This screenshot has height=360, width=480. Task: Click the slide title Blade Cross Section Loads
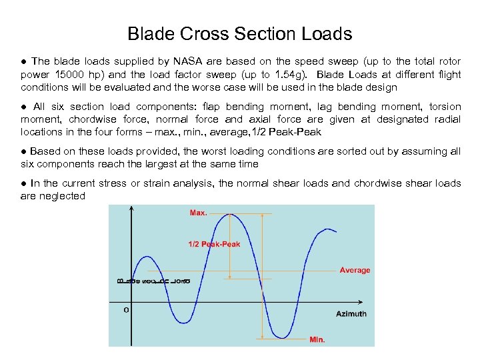pos(239,33)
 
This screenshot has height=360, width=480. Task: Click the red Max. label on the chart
pos(199,213)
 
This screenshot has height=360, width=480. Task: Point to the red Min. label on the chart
pos(317,340)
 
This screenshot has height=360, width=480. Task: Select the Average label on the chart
pos(355,270)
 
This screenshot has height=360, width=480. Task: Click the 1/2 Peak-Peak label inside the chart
pos(213,244)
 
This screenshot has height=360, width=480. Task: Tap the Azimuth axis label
pos(351,313)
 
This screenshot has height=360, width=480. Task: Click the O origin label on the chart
pos(126,310)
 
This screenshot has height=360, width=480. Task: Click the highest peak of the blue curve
pos(231,214)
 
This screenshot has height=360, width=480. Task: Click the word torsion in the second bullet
pos(445,107)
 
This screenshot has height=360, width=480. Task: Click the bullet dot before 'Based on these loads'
pos(24,151)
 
